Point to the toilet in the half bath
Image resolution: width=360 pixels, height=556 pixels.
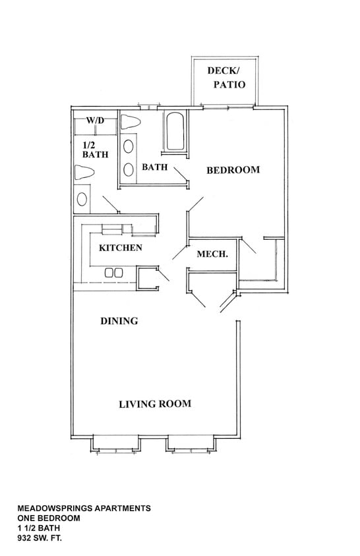86,173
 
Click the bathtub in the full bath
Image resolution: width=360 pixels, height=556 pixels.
175,132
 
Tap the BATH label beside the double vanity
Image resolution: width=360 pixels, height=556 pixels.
154,167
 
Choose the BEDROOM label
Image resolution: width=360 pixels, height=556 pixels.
233,170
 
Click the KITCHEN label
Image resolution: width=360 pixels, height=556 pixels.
120,248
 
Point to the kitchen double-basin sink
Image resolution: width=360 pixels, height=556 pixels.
113,272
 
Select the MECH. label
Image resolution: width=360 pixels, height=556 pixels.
212,254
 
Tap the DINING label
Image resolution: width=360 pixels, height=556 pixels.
119,321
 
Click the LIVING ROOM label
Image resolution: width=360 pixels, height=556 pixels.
155,404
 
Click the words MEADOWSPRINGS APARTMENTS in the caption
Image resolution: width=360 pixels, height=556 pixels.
84,509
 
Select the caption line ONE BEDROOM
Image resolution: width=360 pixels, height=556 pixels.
48,518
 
